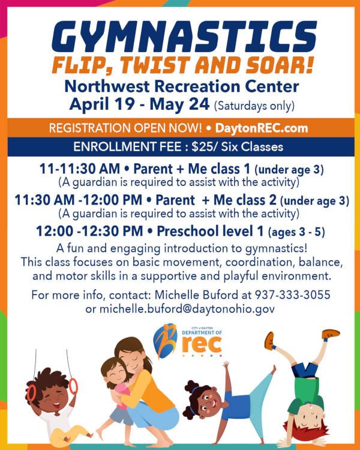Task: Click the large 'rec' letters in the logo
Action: [x=200, y=344]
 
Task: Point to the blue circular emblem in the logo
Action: [x=164, y=339]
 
